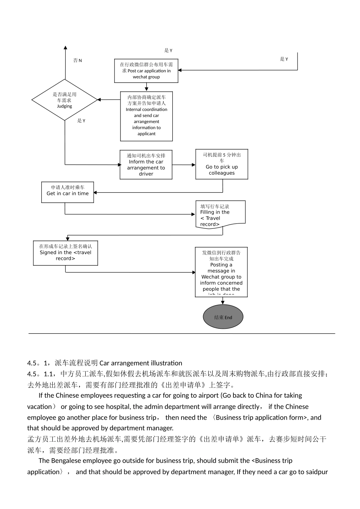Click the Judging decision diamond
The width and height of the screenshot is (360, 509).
pos(65,100)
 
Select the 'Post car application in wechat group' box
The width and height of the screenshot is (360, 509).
pos(146,71)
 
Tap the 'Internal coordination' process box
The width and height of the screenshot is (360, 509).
pos(146,116)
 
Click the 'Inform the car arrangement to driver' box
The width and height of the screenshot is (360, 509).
pos(146,165)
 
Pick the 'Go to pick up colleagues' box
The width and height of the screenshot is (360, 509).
pos(222,164)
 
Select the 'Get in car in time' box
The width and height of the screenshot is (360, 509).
pos(67,192)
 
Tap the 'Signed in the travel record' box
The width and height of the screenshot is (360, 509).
pos(66,253)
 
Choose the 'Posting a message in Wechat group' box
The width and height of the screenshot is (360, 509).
pos(221,272)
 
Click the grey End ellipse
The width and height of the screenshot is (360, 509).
pos(223,317)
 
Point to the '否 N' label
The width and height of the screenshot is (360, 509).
pos(77,61)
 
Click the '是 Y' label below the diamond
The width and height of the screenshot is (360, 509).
pos(81,121)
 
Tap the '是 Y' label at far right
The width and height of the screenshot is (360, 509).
pos(284,59)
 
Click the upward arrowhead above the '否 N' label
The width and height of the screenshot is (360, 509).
pos(65,48)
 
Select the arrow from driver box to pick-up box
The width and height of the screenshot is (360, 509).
pos(184,165)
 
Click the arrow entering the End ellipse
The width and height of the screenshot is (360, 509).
pos(222,301)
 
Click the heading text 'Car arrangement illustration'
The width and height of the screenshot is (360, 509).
pos(141,363)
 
